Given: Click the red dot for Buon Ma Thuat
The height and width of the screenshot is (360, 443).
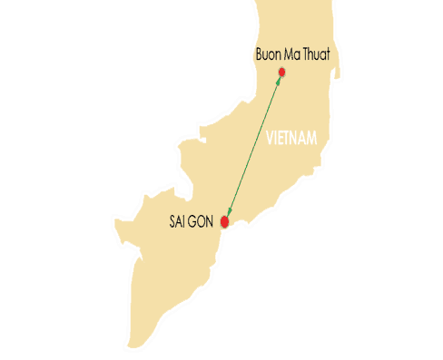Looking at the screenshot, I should [x=282, y=72].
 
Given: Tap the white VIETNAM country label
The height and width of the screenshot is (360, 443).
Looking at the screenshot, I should [x=296, y=140].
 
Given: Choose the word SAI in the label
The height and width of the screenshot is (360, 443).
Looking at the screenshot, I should [x=179, y=221].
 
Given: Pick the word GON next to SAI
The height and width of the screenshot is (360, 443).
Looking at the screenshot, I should [x=203, y=221].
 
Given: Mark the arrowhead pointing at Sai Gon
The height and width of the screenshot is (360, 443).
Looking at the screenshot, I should [x=228, y=210].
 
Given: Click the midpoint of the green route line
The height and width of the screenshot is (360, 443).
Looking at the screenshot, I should [x=253, y=146].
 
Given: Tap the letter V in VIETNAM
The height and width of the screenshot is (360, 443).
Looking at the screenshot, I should [x=270, y=140].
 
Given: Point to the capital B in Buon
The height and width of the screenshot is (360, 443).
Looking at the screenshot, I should [x=261, y=56].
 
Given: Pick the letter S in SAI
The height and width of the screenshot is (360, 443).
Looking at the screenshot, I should [x=172, y=221].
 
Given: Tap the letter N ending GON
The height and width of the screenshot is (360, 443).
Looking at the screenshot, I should [x=212, y=221].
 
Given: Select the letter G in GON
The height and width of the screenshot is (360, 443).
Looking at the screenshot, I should [x=195, y=221].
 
